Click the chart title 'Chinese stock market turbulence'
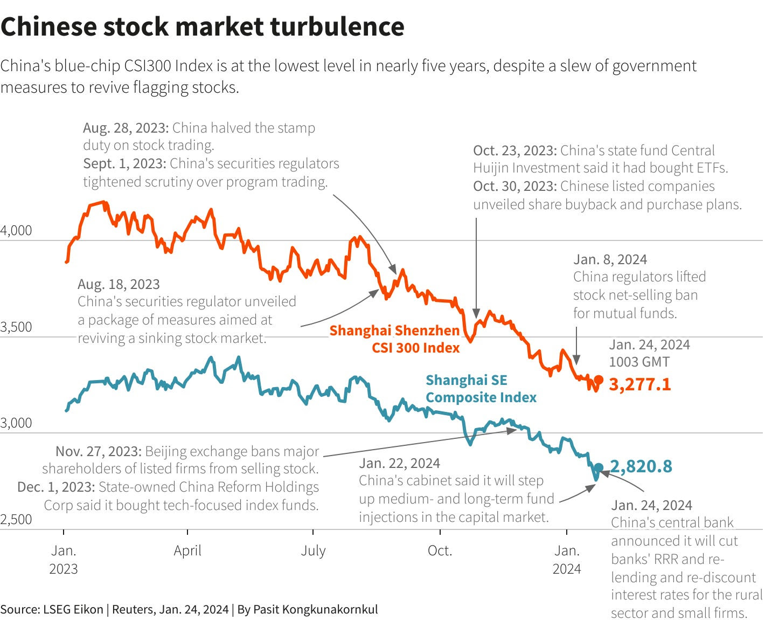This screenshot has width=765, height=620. [202, 27]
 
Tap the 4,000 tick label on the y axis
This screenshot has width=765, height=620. [16, 231]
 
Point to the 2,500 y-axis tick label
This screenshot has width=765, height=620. [16, 519]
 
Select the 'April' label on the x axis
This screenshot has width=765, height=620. [187, 550]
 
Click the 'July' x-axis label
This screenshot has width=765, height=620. [313, 550]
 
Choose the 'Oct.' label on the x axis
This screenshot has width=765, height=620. [440, 550]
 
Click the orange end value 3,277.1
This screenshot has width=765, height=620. [640, 384]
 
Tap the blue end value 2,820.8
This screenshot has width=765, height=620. [641, 466]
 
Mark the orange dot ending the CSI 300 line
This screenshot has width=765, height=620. [598, 378]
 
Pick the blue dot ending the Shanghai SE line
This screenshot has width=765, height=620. [598, 467]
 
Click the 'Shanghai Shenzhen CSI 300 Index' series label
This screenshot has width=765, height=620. [394, 339]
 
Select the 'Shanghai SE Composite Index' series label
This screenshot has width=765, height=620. [481, 389]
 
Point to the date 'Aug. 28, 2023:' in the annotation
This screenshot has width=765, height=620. [126, 128]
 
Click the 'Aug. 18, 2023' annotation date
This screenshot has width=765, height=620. [119, 284]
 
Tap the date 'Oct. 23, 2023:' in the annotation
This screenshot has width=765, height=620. [514, 150]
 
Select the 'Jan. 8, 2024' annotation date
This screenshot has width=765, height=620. [610, 259]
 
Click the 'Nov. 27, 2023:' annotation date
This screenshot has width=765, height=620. [99, 451]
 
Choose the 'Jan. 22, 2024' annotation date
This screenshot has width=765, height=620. [399, 463]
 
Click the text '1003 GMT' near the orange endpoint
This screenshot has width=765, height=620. [639, 362]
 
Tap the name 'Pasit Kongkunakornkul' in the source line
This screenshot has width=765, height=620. [315, 609]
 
